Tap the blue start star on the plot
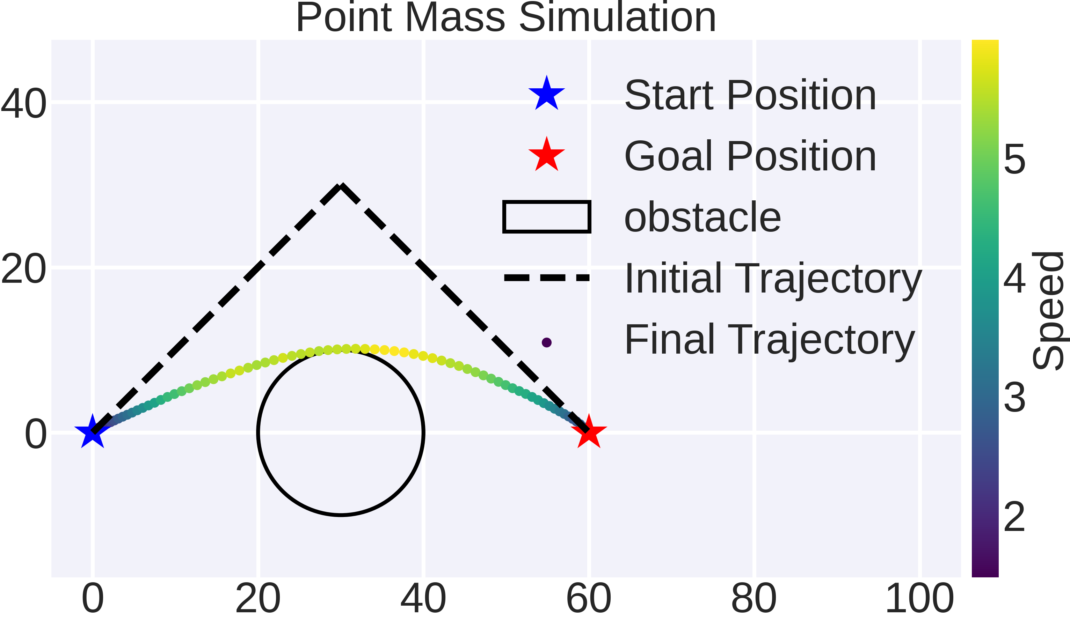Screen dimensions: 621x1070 point(92,432)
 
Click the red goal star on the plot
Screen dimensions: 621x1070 point(589,432)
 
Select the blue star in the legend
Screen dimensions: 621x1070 point(546,94)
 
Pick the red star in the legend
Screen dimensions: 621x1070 point(546,155)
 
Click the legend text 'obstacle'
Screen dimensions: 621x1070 point(702,217)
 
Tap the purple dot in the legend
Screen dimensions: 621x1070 point(546,342)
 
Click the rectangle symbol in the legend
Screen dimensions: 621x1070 point(546,217)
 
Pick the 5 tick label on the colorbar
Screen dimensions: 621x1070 point(1014,160)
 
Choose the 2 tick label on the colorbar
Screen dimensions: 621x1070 point(1014,517)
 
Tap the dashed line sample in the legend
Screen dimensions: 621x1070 point(546,278)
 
